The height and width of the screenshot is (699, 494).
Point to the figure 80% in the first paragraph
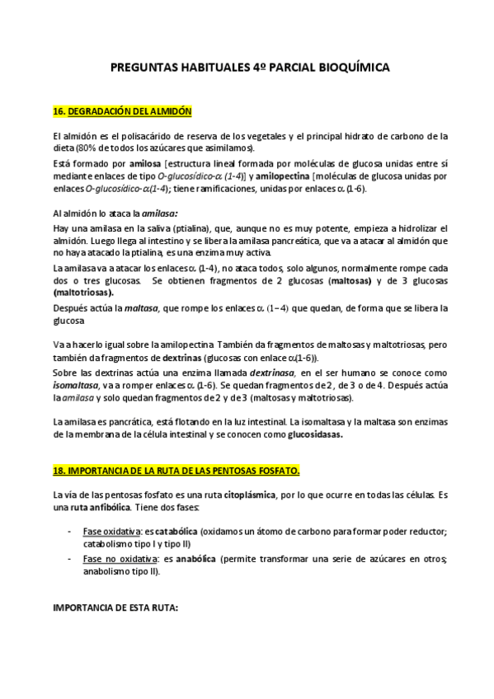pos(87,148)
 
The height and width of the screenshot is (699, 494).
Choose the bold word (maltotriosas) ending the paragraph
pos(83,292)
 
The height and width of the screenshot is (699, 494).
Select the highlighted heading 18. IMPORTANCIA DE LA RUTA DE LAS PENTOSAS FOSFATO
pos(176,471)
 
